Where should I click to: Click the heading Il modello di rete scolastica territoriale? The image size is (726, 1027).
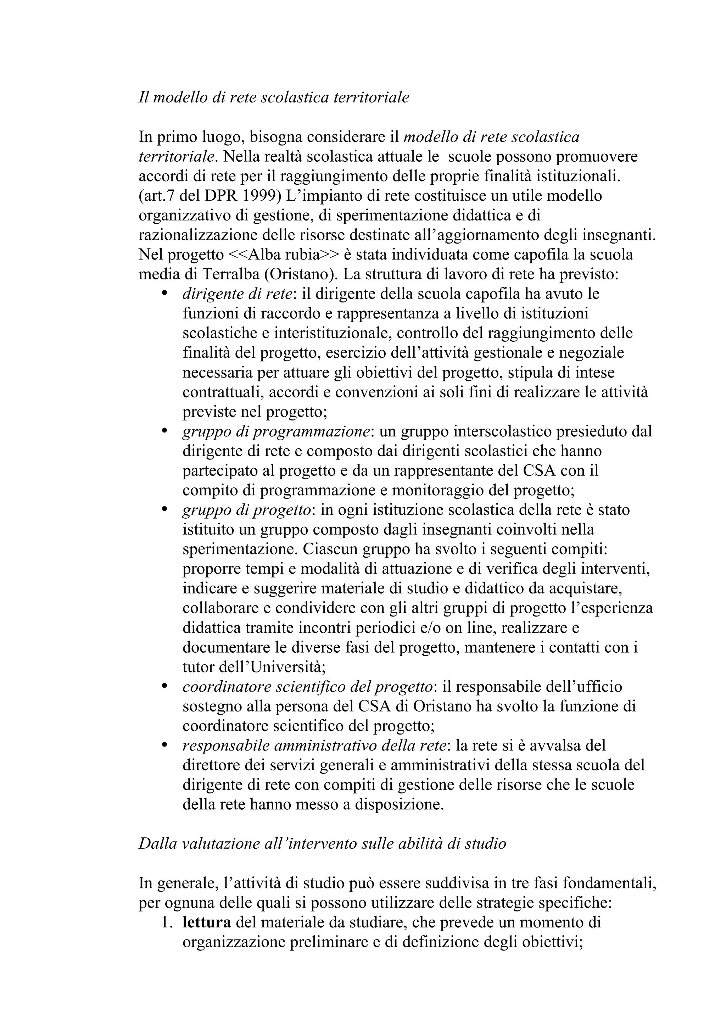274,97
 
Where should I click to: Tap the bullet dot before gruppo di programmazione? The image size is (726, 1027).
164,431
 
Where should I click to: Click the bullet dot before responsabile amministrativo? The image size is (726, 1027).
164,745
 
